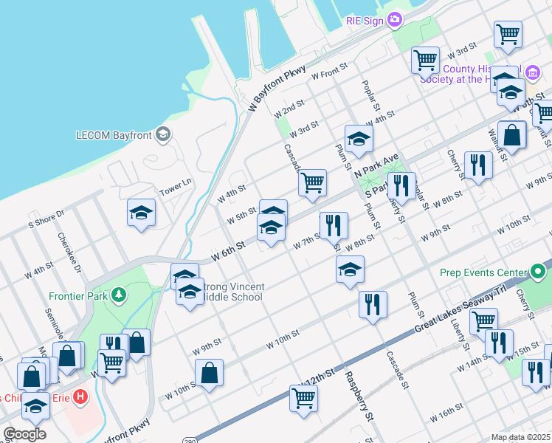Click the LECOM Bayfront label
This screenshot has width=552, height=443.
coord(117,135)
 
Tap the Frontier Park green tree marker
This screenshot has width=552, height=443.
coord(119,296)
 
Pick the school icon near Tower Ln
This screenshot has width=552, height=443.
coord(141,214)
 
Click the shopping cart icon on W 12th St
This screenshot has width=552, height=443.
coord(303,399)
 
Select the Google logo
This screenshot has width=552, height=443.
coord(24,434)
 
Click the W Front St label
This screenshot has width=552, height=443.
coord(329,72)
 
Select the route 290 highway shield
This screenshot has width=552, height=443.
coord(190,438)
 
